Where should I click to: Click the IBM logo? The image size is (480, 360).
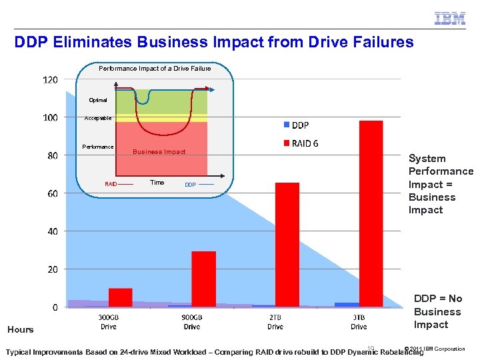pos(450,19)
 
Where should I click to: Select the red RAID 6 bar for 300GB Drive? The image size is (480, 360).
pos(121,297)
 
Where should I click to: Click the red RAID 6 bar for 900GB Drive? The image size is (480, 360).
pos(203,279)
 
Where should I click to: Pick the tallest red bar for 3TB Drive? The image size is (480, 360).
pos(371,213)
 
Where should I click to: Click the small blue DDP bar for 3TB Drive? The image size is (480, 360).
pos(347,305)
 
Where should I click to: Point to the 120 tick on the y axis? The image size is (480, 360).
pos(51,80)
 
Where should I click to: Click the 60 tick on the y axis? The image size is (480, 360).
pos(51,193)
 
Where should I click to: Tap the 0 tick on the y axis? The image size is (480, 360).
pos(55,307)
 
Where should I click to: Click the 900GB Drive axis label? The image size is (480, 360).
pos(191,322)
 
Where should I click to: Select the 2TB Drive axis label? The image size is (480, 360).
pos(275,322)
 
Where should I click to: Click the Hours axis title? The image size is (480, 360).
pos(21,329)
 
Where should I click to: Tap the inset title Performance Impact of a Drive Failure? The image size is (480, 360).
pos(155,68)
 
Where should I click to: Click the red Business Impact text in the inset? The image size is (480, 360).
pos(159,152)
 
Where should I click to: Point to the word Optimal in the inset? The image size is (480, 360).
pos(98,100)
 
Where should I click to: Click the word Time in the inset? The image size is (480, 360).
pos(157,182)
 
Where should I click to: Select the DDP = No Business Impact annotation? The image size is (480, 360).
pos(437,311)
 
